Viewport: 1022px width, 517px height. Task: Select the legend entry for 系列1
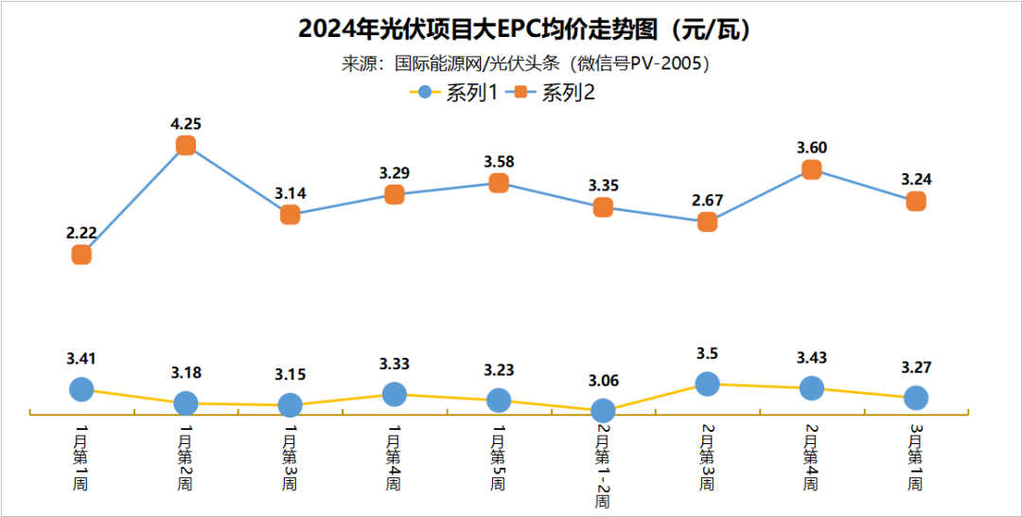click(453, 92)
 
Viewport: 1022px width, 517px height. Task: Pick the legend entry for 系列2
click(553, 92)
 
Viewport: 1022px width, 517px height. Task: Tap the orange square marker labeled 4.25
click(186, 145)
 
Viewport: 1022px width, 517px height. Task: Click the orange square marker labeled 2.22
click(81, 255)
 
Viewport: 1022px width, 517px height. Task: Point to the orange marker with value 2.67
click(707, 222)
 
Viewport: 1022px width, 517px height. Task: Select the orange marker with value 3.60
click(811, 169)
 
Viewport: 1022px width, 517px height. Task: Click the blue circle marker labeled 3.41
click(81, 389)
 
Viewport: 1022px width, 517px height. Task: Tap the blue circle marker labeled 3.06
click(603, 411)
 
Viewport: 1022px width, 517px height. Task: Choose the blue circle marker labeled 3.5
click(707, 383)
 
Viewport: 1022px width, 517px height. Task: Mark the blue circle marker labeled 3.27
click(915, 398)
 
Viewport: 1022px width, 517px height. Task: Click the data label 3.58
click(499, 161)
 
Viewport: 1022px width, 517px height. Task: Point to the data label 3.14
click(290, 193)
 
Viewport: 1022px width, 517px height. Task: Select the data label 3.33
click(395, 364)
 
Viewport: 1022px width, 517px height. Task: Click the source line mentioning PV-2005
click(524, 63)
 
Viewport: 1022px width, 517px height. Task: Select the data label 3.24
click(915, 179)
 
